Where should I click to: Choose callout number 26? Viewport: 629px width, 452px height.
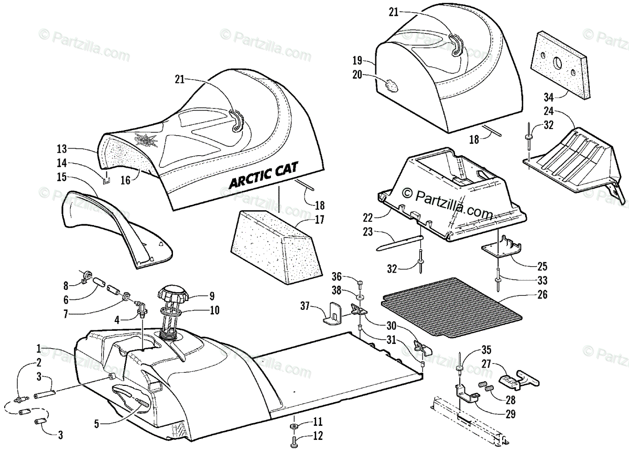[541, 295]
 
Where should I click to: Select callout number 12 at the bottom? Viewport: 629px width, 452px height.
[318, 436]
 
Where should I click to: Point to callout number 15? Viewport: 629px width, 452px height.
[61, 177]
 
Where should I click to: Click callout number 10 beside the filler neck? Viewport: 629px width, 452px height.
[214, 310]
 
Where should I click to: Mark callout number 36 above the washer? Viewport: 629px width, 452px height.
[337, 276]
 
